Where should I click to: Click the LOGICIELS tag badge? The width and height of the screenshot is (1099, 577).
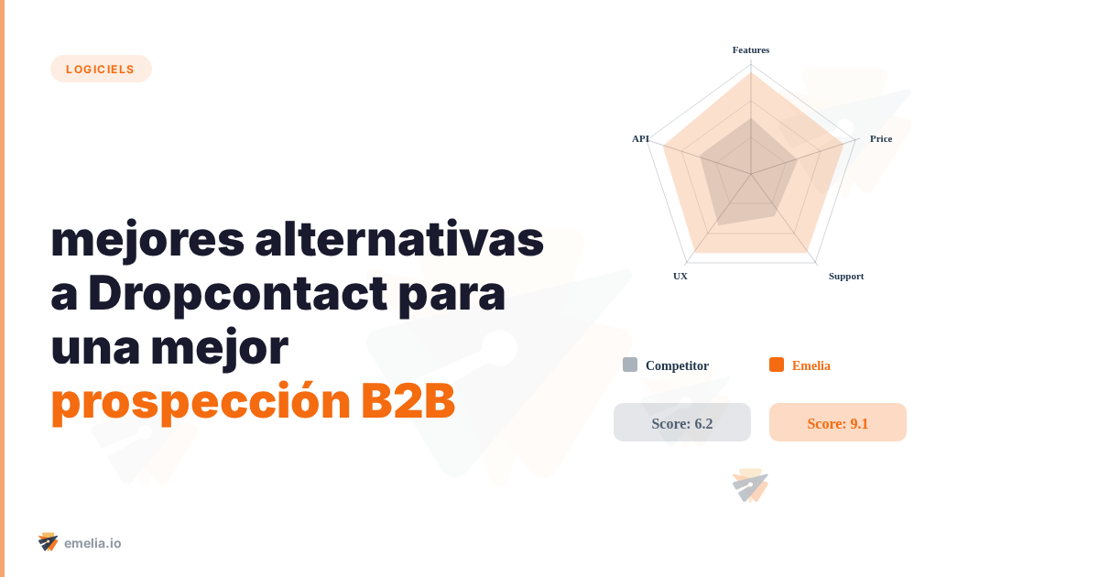(x=101, y=69)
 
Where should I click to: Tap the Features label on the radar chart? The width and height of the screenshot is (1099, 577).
(x=751, y=49)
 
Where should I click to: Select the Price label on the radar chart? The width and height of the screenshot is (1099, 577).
(x=881, y=138)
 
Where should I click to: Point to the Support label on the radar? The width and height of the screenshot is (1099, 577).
(x=846, y=276)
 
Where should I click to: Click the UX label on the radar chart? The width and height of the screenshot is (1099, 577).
(x=680, y=276)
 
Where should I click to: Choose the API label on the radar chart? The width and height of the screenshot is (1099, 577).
(x=640, y=138)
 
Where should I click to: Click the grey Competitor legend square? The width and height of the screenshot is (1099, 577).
(x=630, y=365)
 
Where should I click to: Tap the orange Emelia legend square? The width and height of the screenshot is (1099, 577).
(x=777, y=365)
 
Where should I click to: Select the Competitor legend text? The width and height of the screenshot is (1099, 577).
(x=677, y=365)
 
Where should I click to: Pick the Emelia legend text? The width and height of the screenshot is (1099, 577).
(x=811, y=365)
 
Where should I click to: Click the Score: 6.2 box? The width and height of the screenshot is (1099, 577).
(x=682, y=422)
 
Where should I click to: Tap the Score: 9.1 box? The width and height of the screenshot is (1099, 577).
(x=838, y=422)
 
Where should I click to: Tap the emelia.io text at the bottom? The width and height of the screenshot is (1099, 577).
(x=92, y=543)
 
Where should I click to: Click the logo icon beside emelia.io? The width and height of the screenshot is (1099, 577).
(x=49, y=542)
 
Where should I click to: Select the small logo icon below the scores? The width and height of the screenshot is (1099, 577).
(x=750, y=486)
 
